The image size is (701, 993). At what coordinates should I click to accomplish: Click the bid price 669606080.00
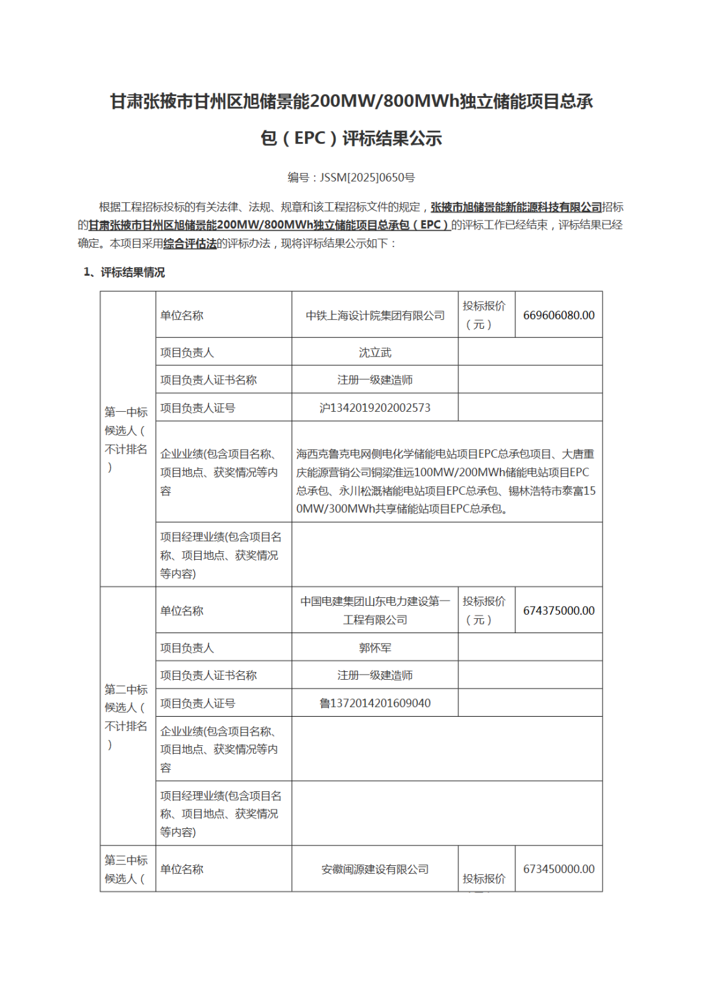tap(558, 315)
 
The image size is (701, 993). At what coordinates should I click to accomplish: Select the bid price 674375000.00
tap(558, 610)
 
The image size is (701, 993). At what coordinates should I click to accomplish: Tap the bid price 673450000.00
tap(558, 868)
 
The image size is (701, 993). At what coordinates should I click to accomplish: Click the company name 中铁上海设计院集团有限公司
tap(375, 315)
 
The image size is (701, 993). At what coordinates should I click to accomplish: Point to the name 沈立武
tap(375, 352)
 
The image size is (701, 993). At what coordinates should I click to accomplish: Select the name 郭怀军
tap(375, 647)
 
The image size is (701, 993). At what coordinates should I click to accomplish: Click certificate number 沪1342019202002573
tap(375, 407)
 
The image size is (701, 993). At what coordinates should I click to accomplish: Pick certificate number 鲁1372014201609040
tap(375, 703)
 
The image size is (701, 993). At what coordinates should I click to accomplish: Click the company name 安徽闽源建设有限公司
tap(375, 869)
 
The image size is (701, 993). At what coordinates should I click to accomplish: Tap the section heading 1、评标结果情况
tap(125, 272)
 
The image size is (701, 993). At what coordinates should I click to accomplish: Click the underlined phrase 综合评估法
tap(190, 243)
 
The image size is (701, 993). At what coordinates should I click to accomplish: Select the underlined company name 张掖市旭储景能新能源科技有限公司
tap(516, 207)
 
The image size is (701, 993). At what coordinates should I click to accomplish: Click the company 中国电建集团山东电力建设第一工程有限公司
tap(375, 610)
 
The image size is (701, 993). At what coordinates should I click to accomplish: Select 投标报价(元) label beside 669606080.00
tap(484, 315)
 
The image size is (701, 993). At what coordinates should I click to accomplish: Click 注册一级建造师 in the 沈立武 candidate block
tap(375, 379)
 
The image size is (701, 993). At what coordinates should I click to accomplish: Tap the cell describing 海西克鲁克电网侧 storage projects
tap(447, 481)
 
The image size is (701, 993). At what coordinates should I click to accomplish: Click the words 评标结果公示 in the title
tap(392, 138)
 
